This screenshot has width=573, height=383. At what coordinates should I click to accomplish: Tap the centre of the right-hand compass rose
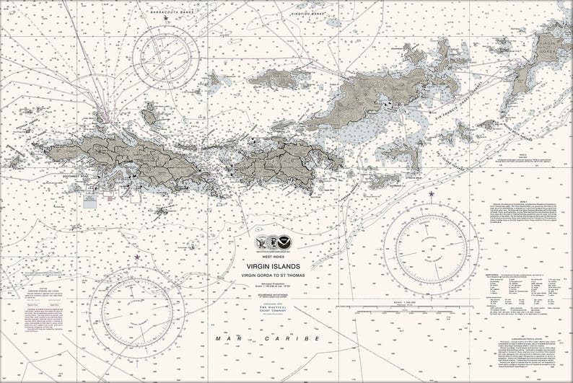(x=431, y=248)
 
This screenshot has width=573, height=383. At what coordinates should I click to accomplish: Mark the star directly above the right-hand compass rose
(x=432, y=194)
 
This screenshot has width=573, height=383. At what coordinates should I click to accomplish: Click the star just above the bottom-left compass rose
(x=136, y=257)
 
